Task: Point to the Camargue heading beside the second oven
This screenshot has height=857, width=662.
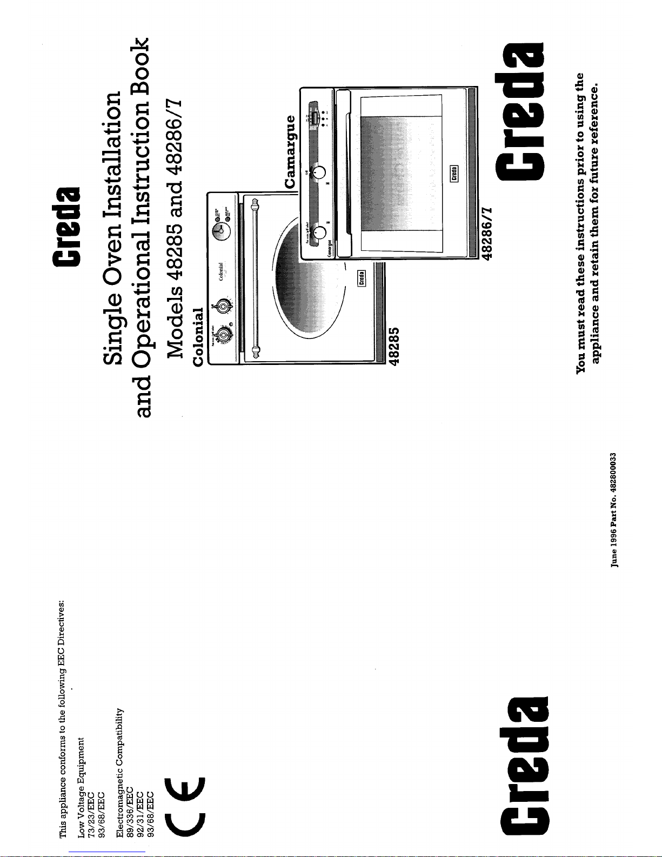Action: [x=290, y=151]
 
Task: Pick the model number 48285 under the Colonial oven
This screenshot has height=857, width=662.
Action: [x=394, y=346]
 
